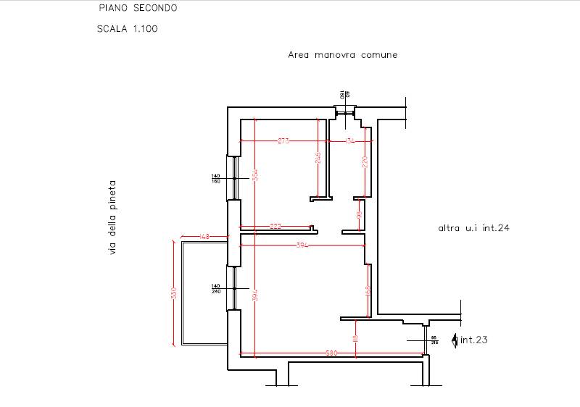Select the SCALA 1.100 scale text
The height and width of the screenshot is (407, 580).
(127, 30)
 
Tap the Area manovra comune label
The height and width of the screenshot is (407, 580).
(342, 55)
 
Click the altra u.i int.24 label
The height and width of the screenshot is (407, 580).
(475, 228)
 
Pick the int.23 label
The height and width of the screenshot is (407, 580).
(473, 339)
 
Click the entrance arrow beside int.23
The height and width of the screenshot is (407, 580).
(455, 340)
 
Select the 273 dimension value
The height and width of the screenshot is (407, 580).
(283, 141)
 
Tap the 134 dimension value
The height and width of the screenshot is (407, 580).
(350, 141)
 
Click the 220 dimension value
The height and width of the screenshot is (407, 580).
(365, 161)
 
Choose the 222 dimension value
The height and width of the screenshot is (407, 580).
(275, 227)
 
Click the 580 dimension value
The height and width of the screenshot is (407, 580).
(331, 353)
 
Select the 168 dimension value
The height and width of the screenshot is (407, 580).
(369, 293)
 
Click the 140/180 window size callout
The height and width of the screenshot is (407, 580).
(215, 178)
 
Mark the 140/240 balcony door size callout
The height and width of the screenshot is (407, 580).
(215, 288)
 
